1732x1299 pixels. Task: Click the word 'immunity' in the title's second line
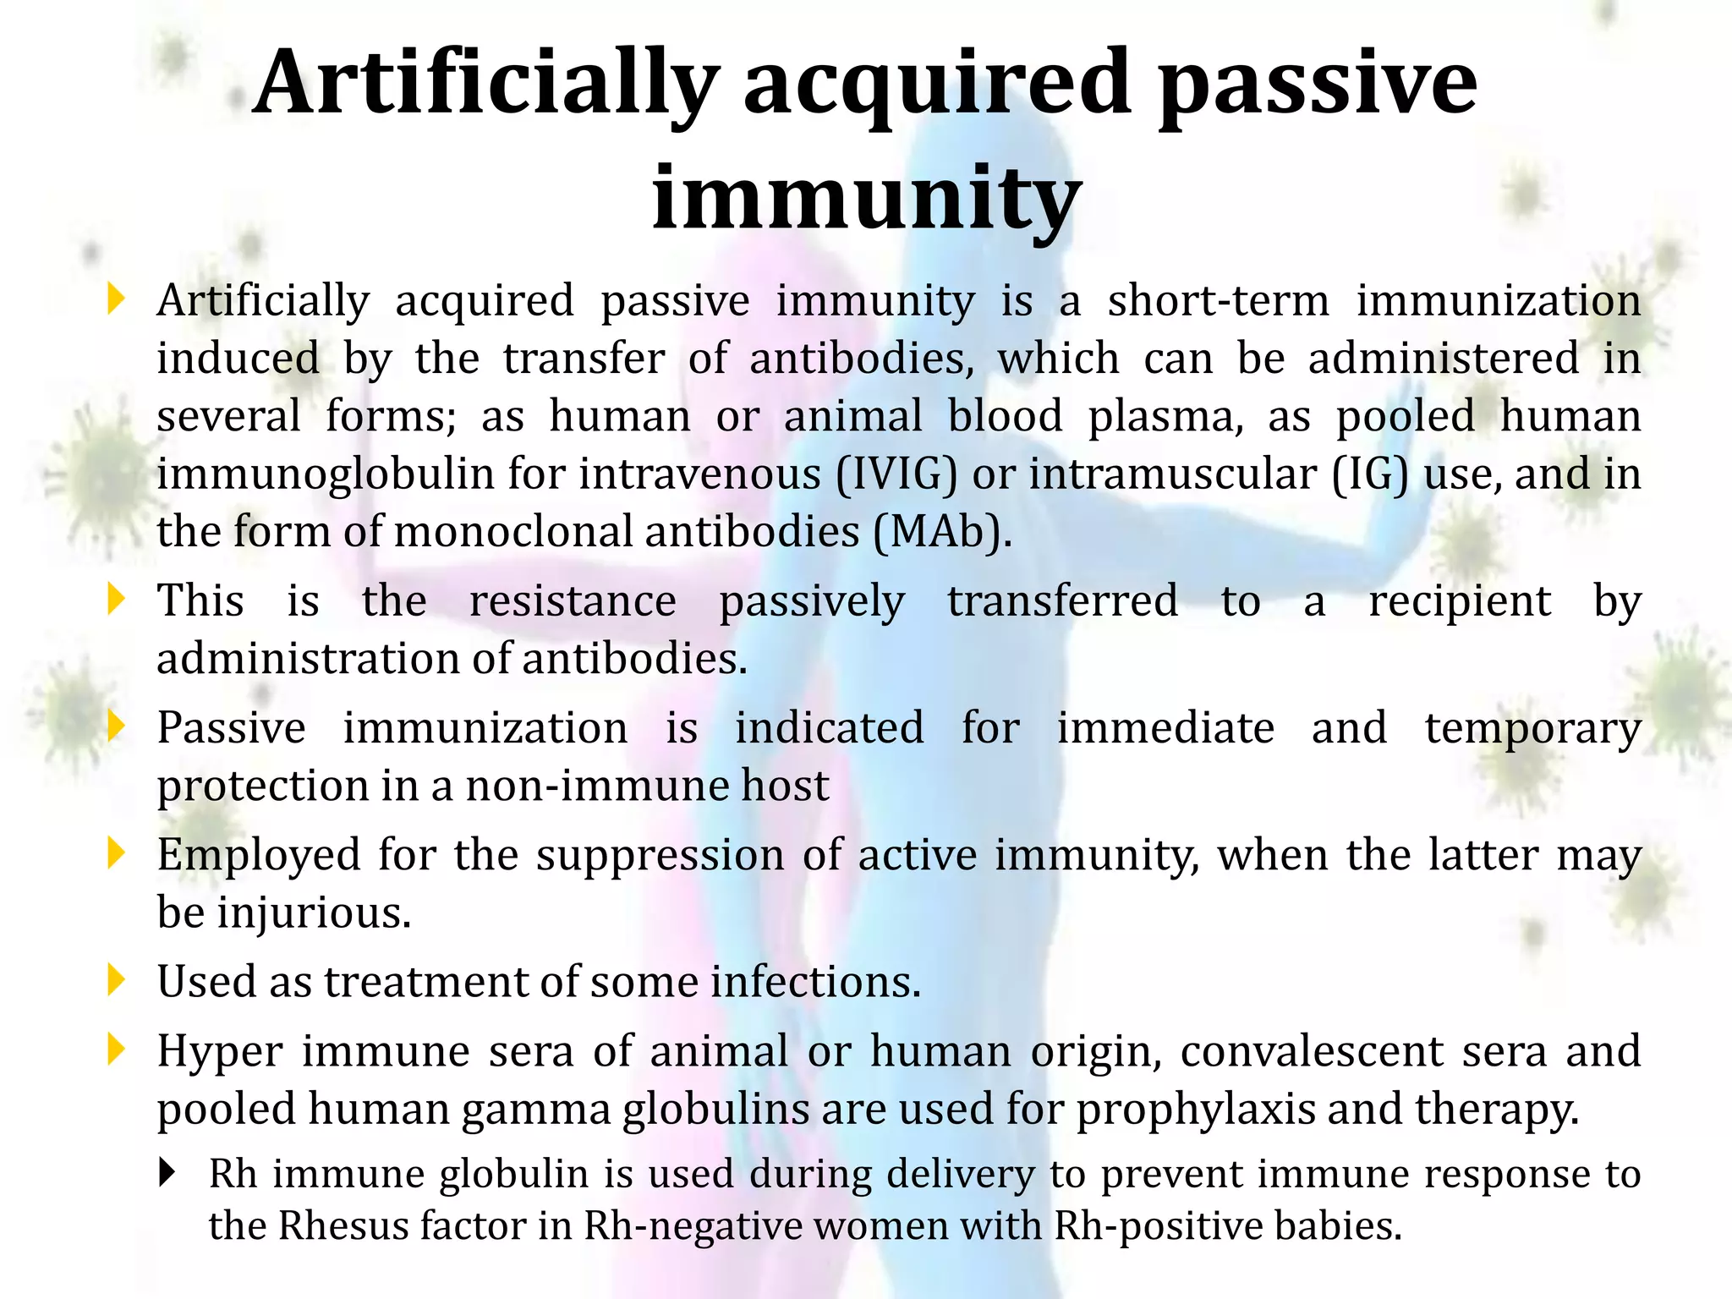[866, 199]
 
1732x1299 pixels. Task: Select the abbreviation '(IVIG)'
[896, 474]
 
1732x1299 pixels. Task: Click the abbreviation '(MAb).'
[942, 532]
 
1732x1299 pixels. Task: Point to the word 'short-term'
[1219, 301]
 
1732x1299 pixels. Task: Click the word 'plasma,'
[1165, 416]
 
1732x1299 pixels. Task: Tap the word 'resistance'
[573, 601]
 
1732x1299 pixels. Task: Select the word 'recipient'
[1460, 601]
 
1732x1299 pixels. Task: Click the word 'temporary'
[1532, 728]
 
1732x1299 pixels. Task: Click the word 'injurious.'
[314, 913]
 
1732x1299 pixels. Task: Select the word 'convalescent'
[1312, 1051]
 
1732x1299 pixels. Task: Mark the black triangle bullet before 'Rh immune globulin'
[167, 1173]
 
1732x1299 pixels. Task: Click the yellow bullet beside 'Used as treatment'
[117, 981]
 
